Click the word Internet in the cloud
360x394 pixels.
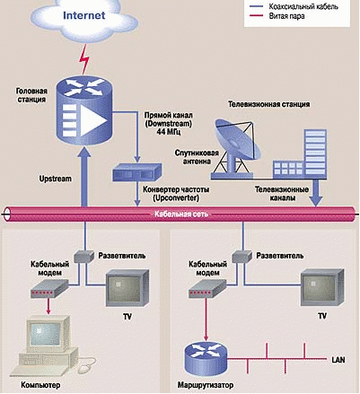(83, 15)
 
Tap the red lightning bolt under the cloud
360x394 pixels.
(84, 60)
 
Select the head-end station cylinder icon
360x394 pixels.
(84, 109)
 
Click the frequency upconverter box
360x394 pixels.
(136, 172)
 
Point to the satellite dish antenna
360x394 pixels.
(236, 146)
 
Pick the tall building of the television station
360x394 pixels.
(315, 153)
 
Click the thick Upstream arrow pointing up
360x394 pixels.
(84, 177)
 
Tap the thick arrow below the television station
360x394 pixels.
(316, 193)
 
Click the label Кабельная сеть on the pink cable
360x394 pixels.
(181, 215)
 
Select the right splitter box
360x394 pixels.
(241, 257)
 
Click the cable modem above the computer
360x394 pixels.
(49, 289)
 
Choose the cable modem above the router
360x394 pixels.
(207, 289)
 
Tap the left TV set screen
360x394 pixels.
(124, 289)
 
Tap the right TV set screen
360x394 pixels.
(319, 289)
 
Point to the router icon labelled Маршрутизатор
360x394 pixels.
(206, 358)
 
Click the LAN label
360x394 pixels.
(338, 360)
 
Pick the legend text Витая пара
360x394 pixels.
(286, 16)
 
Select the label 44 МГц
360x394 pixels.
(169, 132)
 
